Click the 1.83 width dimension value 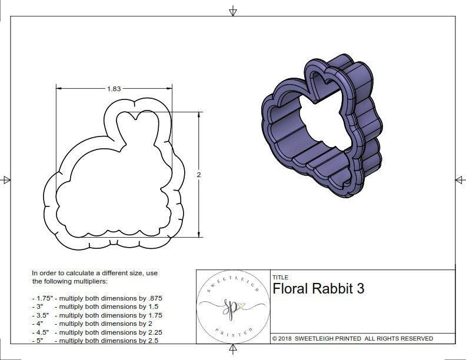click(114, 89)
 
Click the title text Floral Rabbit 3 click(318, 289)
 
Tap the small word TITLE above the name click(280, 277)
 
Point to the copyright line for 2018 click(352, 338)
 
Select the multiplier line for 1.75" click(97, 298)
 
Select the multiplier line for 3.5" click(97, 315)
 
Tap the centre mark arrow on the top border click(233, 11)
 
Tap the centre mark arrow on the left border click(6, 179)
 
